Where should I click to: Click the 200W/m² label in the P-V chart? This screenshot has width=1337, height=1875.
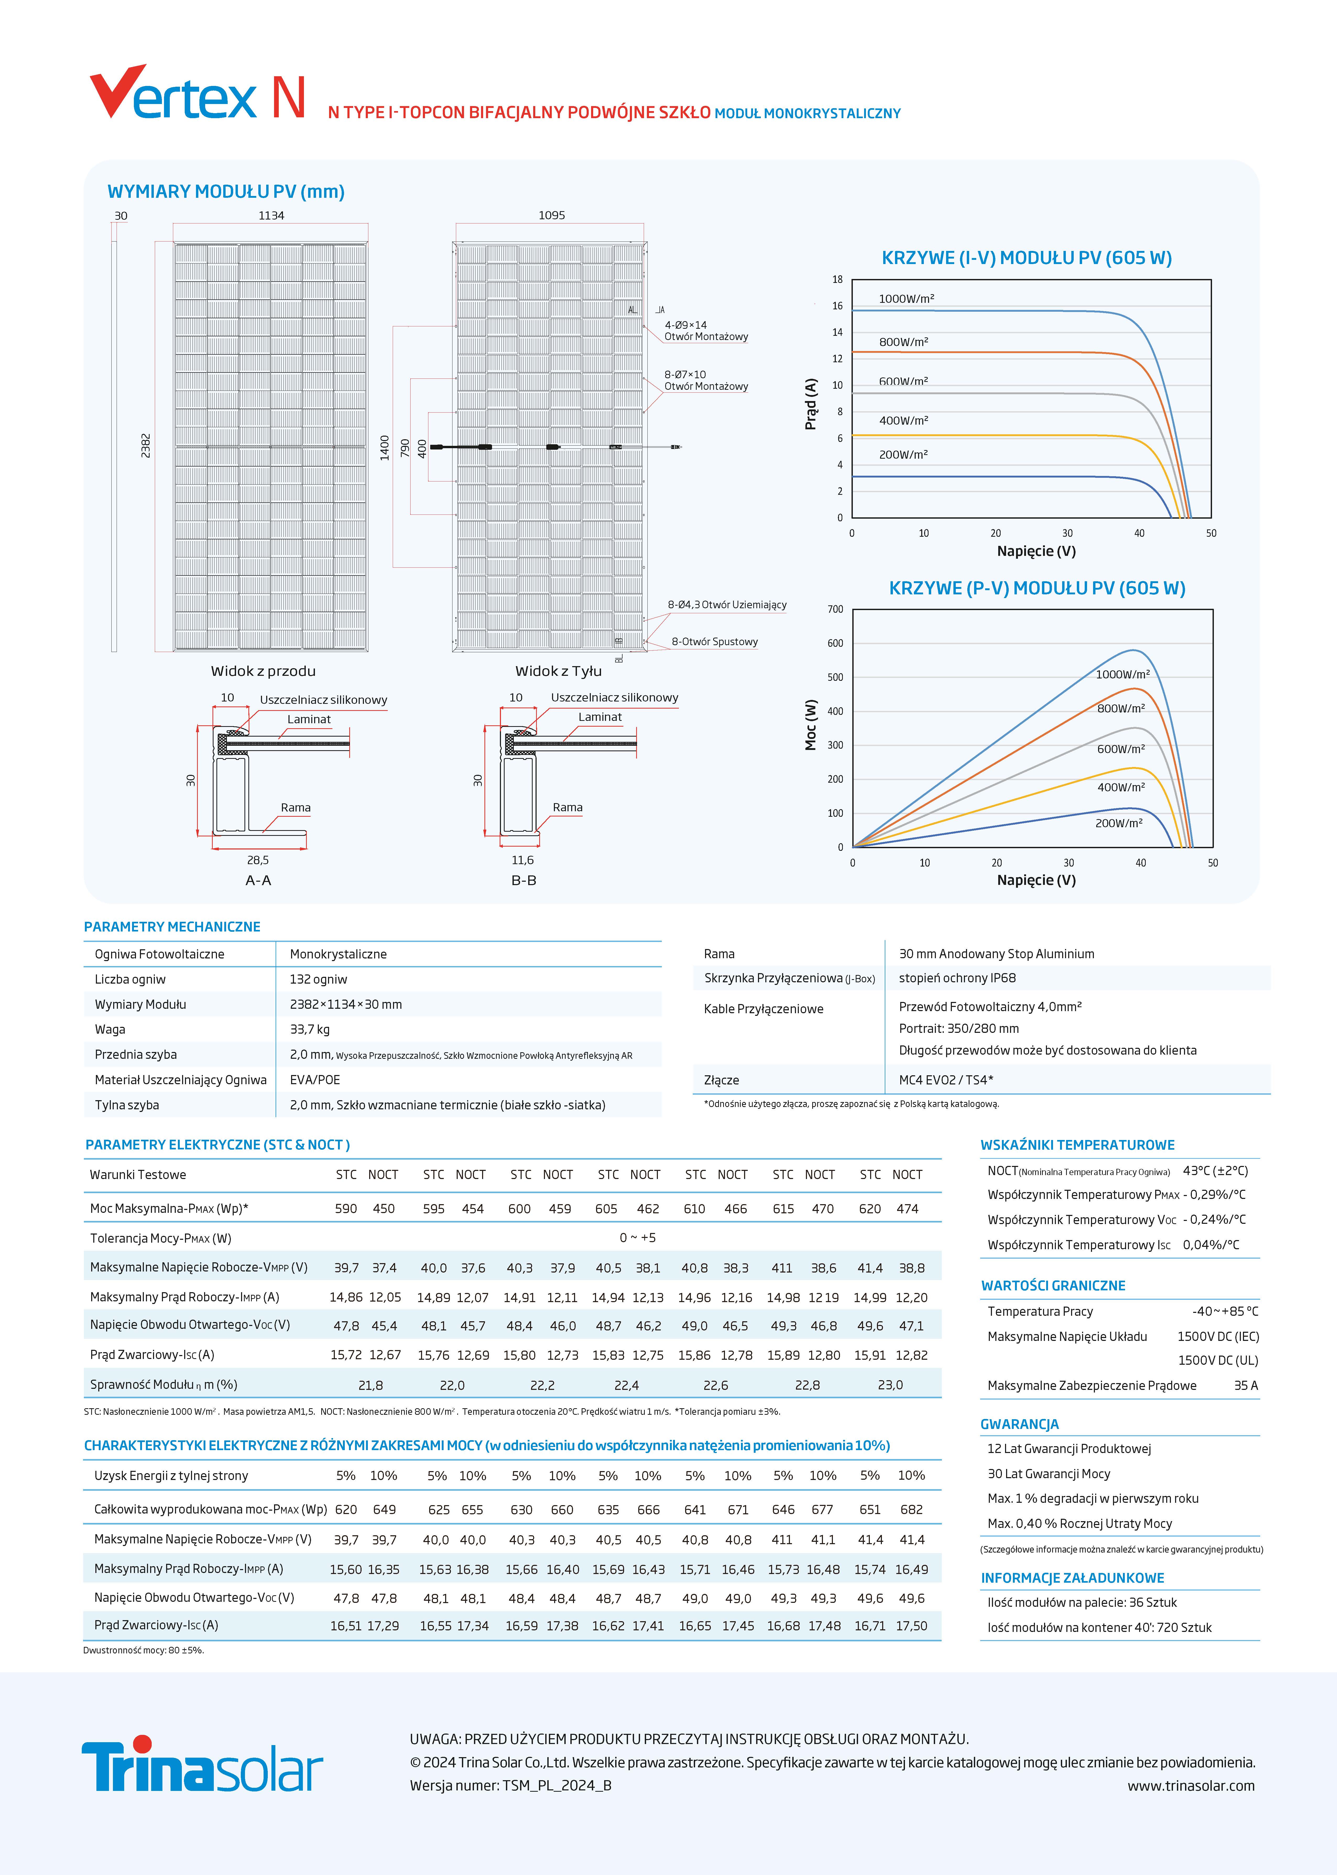tap(1118, 823)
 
